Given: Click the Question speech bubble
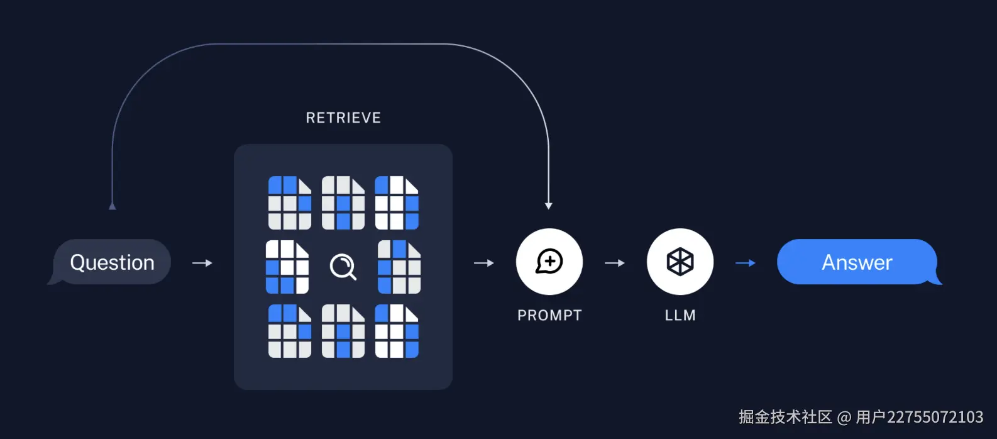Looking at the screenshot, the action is coord(111,262).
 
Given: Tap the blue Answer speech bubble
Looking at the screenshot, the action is coord(859,262).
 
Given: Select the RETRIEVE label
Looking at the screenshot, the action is coord(343,118).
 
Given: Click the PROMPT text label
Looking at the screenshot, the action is coord(549,315).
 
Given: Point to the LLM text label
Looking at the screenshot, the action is coord(680,315).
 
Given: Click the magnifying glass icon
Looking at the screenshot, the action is coord(343,267).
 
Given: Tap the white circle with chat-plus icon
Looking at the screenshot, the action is coord(549,262).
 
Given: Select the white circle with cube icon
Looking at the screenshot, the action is coord(680,262).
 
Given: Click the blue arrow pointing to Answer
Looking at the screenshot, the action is coord(746,263).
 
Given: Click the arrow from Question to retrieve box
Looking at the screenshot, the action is coord(202,263).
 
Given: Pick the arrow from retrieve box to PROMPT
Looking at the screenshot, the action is coord(484,263).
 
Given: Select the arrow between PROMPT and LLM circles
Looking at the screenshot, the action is coord(615,263).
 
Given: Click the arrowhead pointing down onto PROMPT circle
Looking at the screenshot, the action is coord(548,206).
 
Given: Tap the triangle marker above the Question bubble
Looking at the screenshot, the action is coord(112,206).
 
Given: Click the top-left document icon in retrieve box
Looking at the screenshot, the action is coord(290,203).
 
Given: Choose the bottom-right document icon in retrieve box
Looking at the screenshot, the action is coord(397,331).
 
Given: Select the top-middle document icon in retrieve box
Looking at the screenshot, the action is coord(343,203).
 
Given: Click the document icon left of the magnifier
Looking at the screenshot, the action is coord(287,267).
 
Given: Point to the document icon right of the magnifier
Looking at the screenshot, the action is coord(399,267).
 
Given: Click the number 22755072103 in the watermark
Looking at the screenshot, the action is coord(935,417).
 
